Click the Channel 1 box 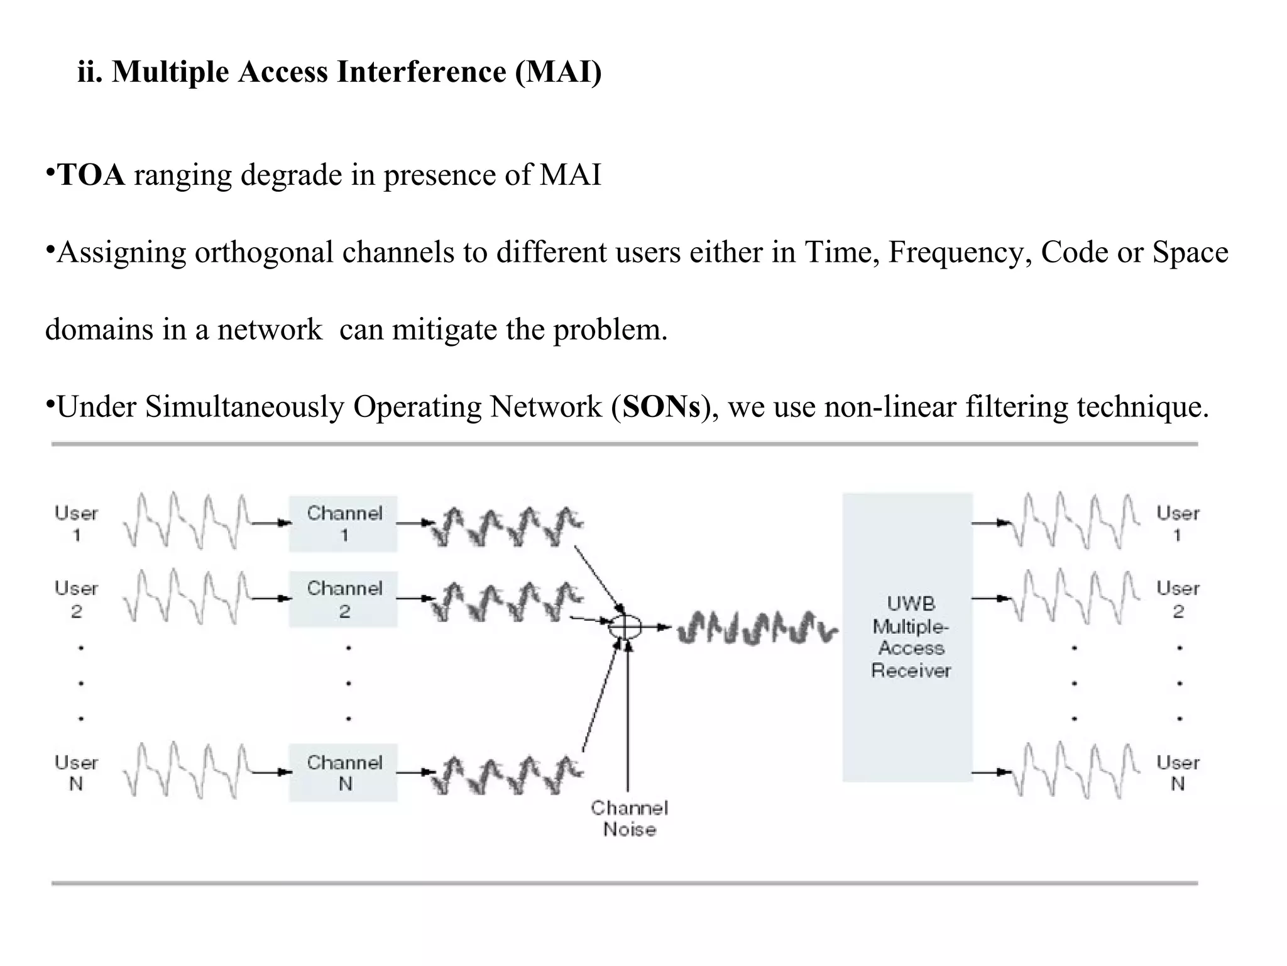343,524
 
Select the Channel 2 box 343,599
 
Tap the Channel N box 343,773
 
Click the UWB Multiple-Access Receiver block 907,637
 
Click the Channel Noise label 629,818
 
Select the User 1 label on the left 76,524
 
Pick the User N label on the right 1177,773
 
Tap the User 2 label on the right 1177,599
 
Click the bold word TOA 91,175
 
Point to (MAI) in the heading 558,72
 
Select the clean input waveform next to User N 187,771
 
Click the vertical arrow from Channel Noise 627,717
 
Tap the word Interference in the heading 421,72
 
